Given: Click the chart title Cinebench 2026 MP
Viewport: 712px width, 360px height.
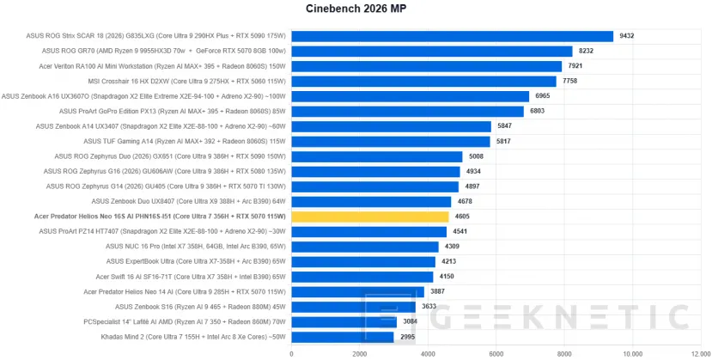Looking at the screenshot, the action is click(x=356, y=9).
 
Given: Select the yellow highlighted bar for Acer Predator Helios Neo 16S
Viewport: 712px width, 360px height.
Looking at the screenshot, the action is click(x=370, y=217).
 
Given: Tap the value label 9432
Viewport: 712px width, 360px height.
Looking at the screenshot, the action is click(x=627, y=36).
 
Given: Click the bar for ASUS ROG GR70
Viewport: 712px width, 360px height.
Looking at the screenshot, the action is click(x=432, y=51).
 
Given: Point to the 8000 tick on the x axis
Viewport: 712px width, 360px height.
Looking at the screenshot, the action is click(x=564, y=353).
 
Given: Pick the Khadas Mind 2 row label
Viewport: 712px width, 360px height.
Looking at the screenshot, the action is click(x=193, y=337).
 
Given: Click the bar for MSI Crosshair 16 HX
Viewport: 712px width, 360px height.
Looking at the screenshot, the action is click(x=423, y=82).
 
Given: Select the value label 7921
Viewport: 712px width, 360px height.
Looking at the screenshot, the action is click(x=575, y=66).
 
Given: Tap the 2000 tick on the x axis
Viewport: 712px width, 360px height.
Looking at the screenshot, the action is click(x=359, y=353).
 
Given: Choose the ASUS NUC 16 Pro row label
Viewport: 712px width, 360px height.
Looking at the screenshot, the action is click(x=196, y=247).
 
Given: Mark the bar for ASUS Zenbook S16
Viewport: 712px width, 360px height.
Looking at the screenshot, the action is click(x=353, y=307).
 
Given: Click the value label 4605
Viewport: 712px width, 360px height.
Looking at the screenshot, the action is click(x=462, y=217).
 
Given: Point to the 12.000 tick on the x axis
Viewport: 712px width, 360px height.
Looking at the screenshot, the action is click(x=700, y=353).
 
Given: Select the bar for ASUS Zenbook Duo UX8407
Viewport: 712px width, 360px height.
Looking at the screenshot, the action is click(x=371, y=202).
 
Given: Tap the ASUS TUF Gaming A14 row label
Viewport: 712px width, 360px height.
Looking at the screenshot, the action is click(x=185, y=141).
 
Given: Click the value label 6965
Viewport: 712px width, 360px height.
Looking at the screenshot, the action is click(x=542, y=96).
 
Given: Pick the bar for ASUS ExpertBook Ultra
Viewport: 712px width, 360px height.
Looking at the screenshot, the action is click(x=363, y=262).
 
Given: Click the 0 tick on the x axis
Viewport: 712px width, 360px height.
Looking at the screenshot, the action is click(x=291, y=353).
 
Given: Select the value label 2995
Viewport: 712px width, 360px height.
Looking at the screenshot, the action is click(x=407, y=337).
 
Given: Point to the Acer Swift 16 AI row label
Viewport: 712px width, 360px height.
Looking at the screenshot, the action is click(x=191, y=277).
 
